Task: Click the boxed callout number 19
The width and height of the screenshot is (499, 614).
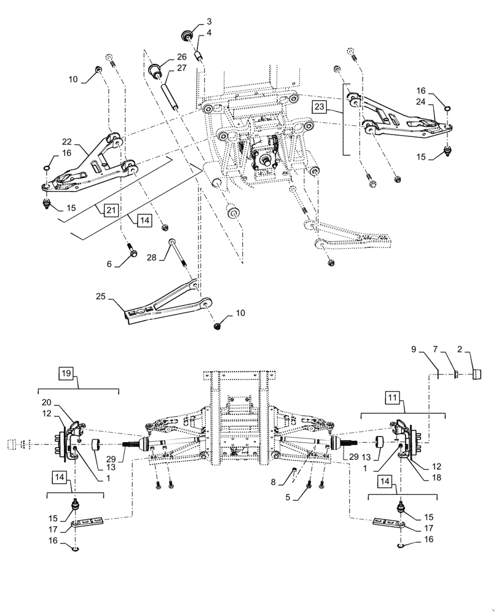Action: [66, 372]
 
